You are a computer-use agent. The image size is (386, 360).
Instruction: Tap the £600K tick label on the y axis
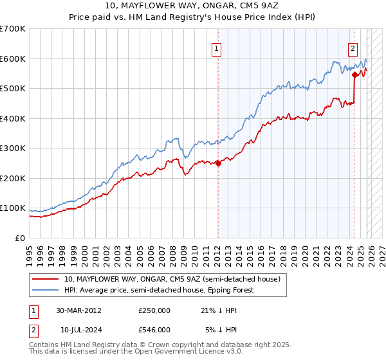pos(13,59)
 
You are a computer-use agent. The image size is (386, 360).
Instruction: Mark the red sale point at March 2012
pos(217,163)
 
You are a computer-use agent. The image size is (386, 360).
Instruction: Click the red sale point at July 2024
pos(354,75)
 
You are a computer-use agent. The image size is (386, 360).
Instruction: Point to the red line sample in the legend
pos(46,280)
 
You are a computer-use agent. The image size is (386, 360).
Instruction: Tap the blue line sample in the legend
pos(46,290)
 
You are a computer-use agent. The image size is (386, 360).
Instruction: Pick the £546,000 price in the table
pos(154,330)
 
